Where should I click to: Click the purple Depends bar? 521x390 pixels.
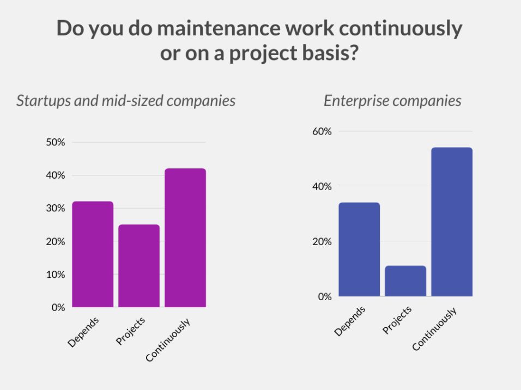93,254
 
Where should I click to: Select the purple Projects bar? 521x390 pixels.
139,266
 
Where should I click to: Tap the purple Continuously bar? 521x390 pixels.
185,237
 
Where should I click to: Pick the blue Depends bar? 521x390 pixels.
359,249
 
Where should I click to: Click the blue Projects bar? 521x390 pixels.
405,281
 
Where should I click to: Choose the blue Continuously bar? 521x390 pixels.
452,222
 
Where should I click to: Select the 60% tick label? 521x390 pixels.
321,131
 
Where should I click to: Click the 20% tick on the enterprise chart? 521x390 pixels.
321,241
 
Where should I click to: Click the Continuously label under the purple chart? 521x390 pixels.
168,340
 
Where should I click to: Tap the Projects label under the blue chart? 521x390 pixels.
397,320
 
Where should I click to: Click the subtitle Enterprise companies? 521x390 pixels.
392,101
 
